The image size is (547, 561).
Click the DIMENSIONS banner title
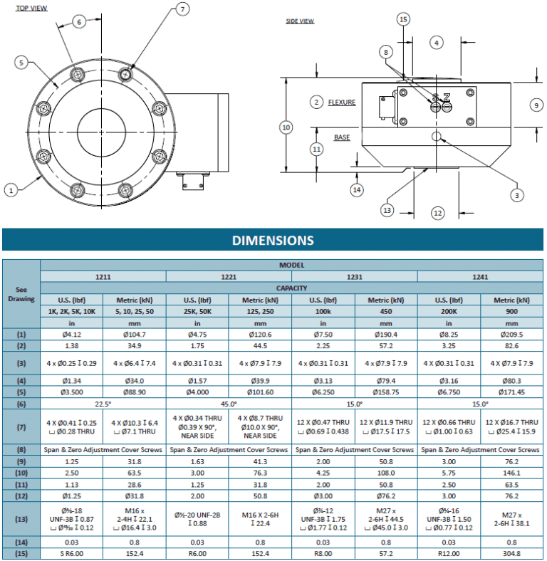click(x=273, y=241)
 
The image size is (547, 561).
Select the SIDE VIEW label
click(x=300, y=21)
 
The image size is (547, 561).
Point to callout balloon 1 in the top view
click(x=11, y=189)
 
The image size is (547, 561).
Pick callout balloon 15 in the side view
click(x=403, y=19)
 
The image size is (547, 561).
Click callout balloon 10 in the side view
click(x=286, y=127)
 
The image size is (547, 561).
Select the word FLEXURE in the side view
click(x=342, y=103)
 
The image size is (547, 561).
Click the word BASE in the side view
click(x=342, y=137)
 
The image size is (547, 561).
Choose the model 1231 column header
click(x=354, y=276)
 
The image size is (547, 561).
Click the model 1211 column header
click(x=103, y=276)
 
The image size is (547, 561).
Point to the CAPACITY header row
click(x=291, y=288)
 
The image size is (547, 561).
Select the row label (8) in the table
click(x=21, y=450)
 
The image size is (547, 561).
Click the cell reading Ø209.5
click(x=511, y=334)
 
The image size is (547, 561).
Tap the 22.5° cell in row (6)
click(x=103, y=404)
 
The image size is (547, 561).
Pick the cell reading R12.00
click(x=449, y=553)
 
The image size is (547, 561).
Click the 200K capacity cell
click(x=449, y=312)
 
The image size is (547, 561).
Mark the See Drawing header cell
click(x=21, y=295)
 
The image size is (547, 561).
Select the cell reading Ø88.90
click(x=134, y=392)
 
